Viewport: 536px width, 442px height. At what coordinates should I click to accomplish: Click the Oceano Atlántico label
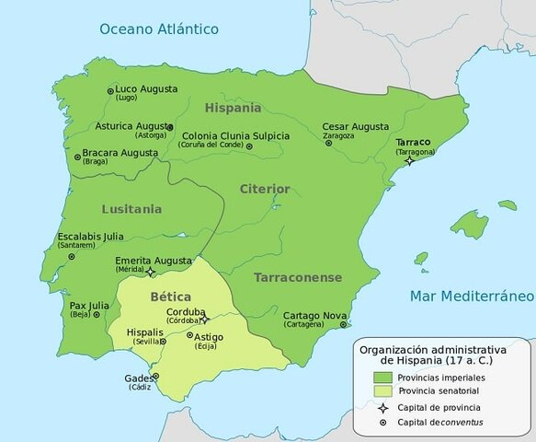pos(159,29)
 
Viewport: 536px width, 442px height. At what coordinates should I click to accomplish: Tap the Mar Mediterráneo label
pos(472,297)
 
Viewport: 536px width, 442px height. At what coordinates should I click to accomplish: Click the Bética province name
pos(170,297)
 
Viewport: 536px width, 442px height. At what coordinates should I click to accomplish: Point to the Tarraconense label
pos(298,277)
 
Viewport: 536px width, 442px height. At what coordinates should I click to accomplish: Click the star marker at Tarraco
pos(409,160)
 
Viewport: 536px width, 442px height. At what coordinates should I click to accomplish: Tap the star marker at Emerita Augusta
pos(152,273)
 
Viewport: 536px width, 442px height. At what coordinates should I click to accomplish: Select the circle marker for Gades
pos(155,376)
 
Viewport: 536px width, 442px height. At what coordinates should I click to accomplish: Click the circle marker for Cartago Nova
pos(343,324)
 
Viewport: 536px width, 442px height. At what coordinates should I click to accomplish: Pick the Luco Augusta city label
pos(146,89)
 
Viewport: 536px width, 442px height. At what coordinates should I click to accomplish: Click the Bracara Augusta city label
pos(120,151)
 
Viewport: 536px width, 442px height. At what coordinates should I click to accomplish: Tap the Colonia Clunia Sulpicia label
pos(235,135)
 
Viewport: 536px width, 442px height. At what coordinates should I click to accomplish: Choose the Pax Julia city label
pos(90,304)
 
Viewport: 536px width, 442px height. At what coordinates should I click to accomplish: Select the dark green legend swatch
pos(381,377)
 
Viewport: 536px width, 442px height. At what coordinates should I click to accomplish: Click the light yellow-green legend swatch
pos(381,390)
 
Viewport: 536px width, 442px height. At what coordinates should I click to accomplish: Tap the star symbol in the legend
pos(381,407)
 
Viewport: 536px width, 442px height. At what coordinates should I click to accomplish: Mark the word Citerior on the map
pos(265,189)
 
